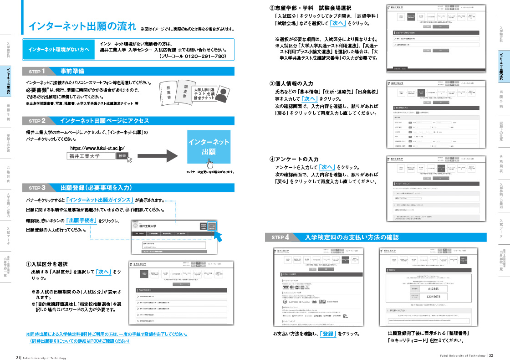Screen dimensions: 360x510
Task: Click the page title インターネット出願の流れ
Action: [82, 26]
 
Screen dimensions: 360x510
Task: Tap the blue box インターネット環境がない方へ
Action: [59, 49]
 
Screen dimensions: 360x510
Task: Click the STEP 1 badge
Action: [37, 72]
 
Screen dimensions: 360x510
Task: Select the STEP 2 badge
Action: [37, 121]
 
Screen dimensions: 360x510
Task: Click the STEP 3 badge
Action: [37, 188]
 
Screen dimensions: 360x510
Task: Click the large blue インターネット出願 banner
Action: [209, 147]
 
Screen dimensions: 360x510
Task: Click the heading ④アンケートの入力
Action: [294, 159]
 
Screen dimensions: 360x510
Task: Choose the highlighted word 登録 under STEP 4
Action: [327, 334]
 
